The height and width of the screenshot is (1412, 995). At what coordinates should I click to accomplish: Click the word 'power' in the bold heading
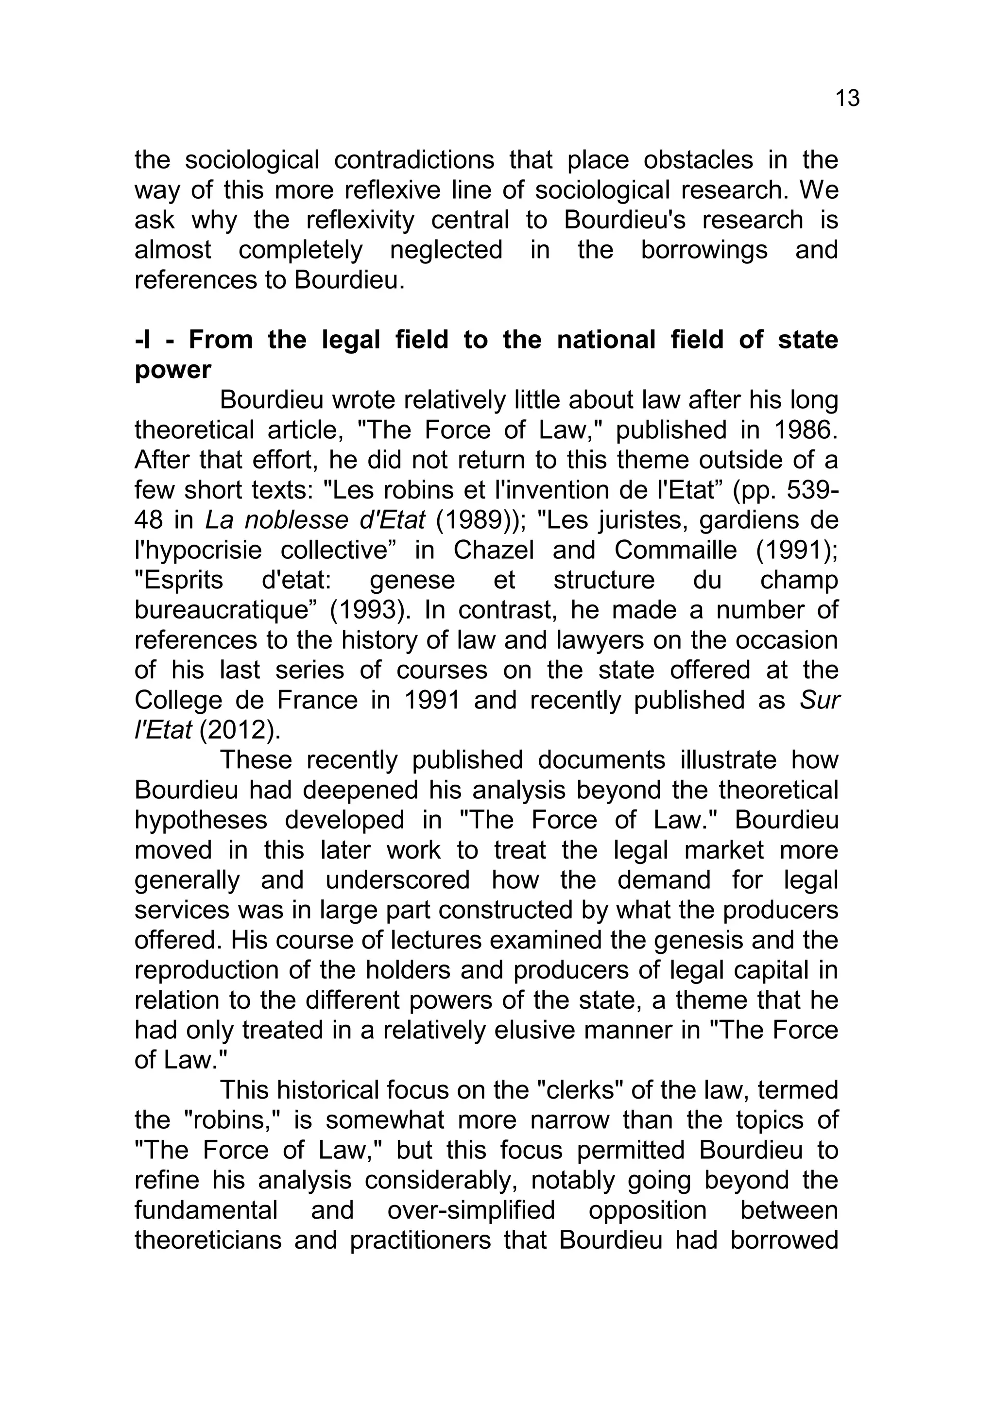pyautogui.click(x=173, y=370)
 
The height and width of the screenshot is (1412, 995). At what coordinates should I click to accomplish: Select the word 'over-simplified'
pyautogui.click(x=471, y=1210)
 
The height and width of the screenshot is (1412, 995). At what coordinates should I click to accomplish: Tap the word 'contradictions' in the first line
pyautogui.click(x=414, y=160)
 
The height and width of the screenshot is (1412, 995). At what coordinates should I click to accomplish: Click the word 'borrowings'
pyautogui.click(x=703, y=250)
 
